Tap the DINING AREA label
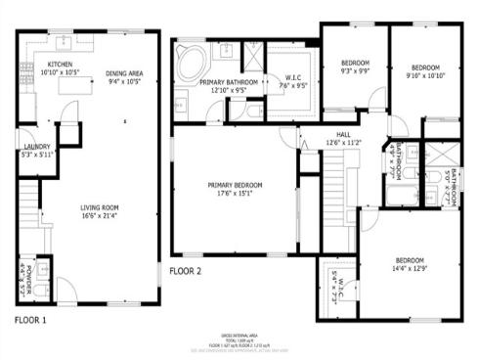coord(126,72)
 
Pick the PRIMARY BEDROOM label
coord(235,184)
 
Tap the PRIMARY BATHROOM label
coord(229,83)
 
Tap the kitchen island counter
coord(74,86)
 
